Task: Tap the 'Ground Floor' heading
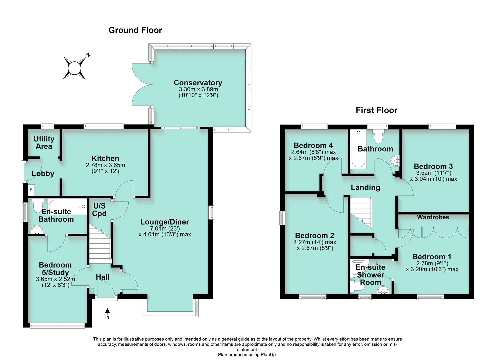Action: (x=135, y=30)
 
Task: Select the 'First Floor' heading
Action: (x=376, y=110)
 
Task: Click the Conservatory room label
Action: (x=198, y=83)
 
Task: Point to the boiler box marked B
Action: (x=31, y=190)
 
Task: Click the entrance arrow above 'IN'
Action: (x=107, y=311)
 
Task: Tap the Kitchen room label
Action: (x=105, y=158)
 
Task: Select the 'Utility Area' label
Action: (x=44, y=143)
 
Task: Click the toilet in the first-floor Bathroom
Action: (x=378, y=135)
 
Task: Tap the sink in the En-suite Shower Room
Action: (x=383, y=291)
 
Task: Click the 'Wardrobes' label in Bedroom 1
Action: (x=433, y=217)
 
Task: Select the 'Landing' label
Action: (x=365, y=188)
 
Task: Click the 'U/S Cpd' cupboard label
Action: (x=99, y=210)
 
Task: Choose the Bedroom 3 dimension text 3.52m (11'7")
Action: (x=433, y=173)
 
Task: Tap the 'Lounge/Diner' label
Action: (x=164, y=222)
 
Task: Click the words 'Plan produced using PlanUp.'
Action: (x=247, y=355)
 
